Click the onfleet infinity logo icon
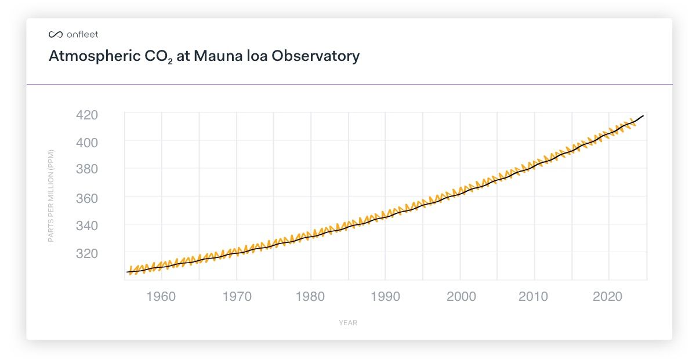pyautogui.click(x=55, y=35)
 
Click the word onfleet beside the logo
pyautogui.click(x=82, y=35)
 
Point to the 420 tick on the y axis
pyautogui.click(x=87, y=114)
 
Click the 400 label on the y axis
pyautogui.click(x=87, y=142)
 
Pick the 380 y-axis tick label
pyautogui.click(x=87, y=170)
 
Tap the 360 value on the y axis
pyautogui.click(x=87, y=198)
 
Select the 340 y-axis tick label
pyautogui.click(x=87, y=226)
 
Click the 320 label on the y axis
pyautogui.click(x=87, y=253)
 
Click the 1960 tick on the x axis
pyautogui.click(x=161, y=297)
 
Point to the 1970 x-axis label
pyautogui.click(x=236, y=297)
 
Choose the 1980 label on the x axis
pyautogui.click(x=311, y=297)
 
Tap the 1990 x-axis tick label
pyautogui.click(x=385, y=297)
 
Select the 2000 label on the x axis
pyautogui.click(x=461, y=297)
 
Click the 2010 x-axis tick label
pyautogui.click(x=534, y=297)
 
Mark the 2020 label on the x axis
pyautogui.click(x=608, y=297)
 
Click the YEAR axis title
pyautogui.click(x=348, y=323)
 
